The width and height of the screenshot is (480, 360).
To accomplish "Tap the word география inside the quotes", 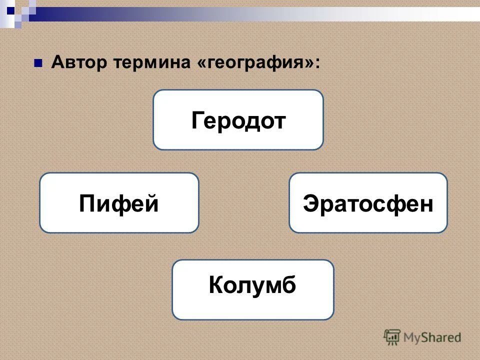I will point(257,63).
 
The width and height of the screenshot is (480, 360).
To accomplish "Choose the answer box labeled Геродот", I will point(238,120).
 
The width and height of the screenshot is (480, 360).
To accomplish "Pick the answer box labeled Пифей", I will point(119,203).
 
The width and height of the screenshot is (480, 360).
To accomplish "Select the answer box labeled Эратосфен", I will point(368,203).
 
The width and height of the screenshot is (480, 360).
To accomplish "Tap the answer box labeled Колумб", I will point(252,289).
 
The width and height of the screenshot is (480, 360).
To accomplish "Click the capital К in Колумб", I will point(216,285).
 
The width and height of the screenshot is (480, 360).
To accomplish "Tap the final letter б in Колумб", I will point(289,285).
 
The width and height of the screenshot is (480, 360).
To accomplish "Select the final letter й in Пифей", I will point(151,202).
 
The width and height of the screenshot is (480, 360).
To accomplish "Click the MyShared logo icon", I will point(392,337).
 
